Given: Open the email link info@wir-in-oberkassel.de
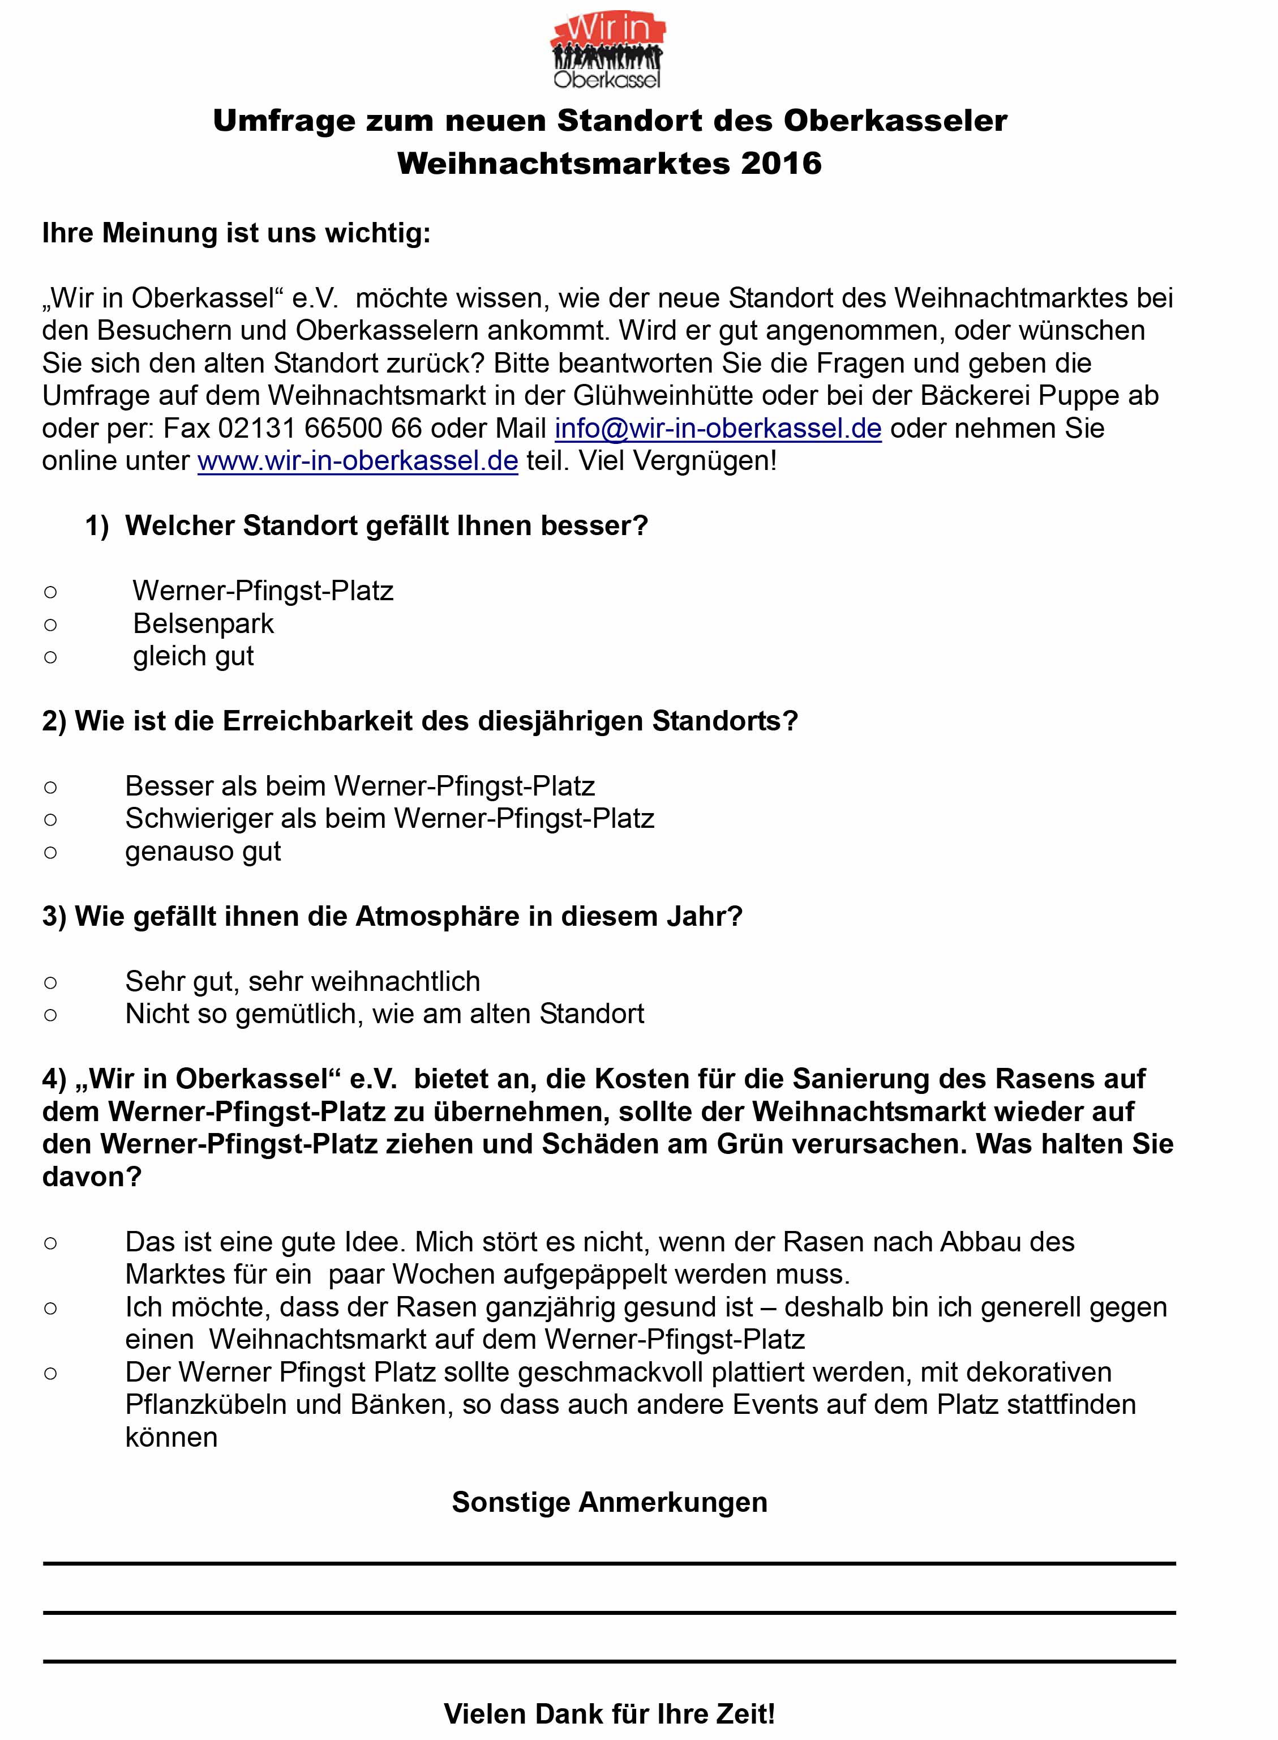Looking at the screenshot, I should tap(718, 428).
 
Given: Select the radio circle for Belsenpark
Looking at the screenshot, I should tap(50, 624).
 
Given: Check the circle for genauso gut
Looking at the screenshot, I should tap(50, 852).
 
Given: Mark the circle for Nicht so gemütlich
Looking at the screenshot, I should tap(50, 1015).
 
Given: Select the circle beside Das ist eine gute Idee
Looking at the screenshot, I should tap(50, 1243).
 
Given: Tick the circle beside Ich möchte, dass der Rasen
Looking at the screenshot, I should tap(50, 1308).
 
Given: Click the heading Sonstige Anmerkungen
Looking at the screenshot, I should tap(610, 1502).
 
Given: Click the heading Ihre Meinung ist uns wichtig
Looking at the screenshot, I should tap(236, 233).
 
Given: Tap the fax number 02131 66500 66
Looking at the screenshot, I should tap(320, 428).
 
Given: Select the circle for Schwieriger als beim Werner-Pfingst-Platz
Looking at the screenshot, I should tap(50, 819).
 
